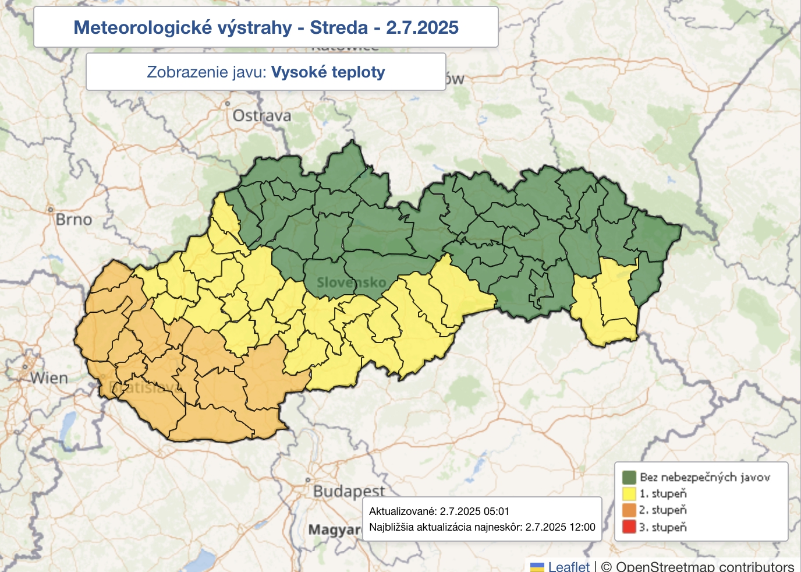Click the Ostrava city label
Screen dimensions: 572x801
coord(261,116)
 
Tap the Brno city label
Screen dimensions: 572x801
coord(73,220)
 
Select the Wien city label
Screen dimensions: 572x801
coord(49,378)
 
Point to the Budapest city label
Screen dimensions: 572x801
coord(349,491)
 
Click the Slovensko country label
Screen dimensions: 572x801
coord(351,283)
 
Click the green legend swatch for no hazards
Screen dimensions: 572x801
coord(629,478)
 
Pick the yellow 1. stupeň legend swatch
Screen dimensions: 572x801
coord(629,494)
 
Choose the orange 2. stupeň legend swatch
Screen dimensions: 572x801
coord(629,510)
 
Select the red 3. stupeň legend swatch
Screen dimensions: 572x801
coord(629,527)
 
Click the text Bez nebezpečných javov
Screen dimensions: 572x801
coord(704,478)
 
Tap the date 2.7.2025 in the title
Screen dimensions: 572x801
coord(422,27)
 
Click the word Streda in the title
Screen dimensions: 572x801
coord(339,27)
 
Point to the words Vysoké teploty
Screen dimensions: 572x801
coord(328,72)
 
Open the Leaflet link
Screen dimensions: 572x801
coord(569,566)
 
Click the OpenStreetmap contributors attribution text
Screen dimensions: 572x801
coord(704,566)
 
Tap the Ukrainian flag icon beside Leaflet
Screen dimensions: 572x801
coord(537,567)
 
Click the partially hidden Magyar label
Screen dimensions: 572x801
coord(334,530)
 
